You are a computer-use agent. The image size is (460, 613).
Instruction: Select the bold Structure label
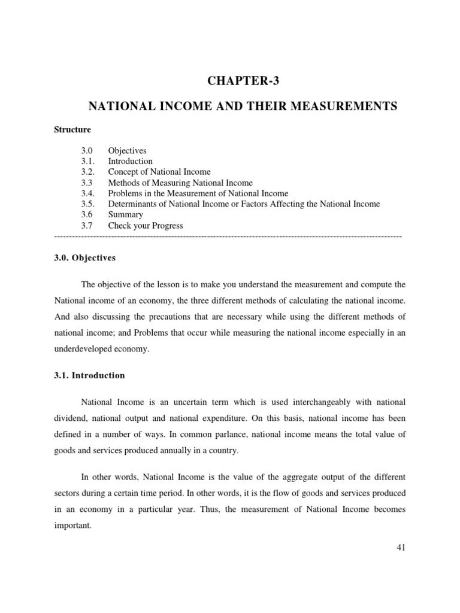[72, 129]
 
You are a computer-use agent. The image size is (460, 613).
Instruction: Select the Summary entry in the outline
[125, 215]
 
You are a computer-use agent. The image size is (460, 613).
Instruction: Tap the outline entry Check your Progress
[146, 226]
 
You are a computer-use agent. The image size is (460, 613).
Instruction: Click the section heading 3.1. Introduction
[89, 375]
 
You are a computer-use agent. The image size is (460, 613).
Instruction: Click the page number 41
[401, 547]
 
